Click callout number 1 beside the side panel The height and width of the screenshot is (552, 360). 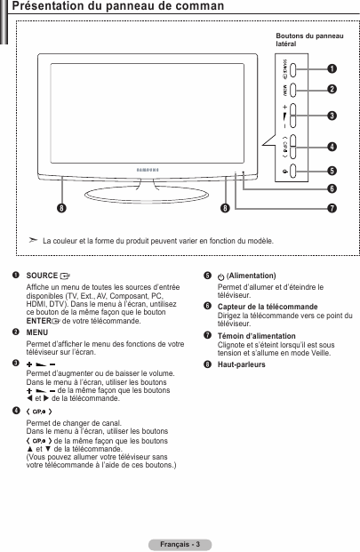(x=332, y=68)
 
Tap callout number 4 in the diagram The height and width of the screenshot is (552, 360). (x=332, y=147)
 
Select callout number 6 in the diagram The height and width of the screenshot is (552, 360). (x=332, y=188)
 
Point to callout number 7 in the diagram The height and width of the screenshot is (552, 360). (x=332, y=208)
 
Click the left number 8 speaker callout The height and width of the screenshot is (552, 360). (x=61, y=208)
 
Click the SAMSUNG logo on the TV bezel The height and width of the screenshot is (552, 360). (x=148, y=170)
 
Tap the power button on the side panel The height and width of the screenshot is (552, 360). (x=292, y=171)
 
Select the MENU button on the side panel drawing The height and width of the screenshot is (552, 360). (x=292, y=90)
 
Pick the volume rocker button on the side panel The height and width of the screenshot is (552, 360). (x=292, y=116)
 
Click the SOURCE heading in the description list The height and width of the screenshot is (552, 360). (x=42, y=276)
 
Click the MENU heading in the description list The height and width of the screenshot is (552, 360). (x=37, y=332)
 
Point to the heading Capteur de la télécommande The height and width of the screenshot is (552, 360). (x=268, y=307)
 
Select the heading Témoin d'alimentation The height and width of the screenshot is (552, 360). (x=257, y=336)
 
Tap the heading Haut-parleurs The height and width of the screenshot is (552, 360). (x=242, y=364)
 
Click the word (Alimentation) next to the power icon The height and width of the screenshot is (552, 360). (x=252, y=276)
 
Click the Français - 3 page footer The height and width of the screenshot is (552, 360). (x=180, y=544)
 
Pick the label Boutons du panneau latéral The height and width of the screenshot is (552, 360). (x=309, y=40)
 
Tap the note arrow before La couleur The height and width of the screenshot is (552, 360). (x=33, y=240)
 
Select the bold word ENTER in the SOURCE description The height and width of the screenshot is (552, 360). (x=39, y=321)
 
